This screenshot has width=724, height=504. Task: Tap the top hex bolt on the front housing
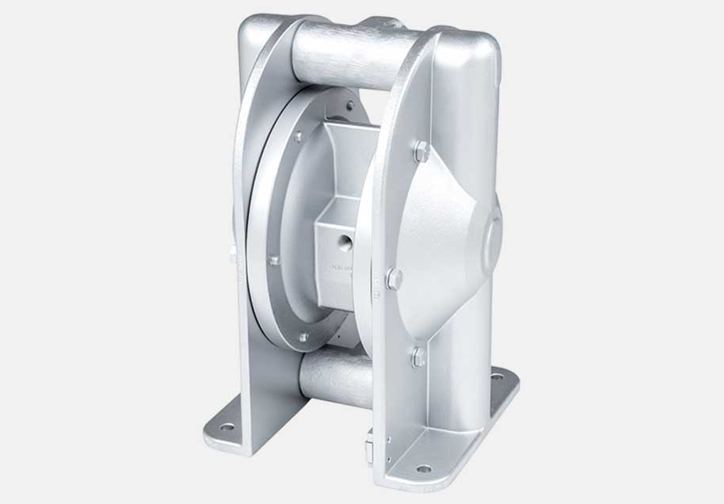pyautogui.click(x=421, y=151)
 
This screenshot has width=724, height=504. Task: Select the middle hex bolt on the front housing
pyautogui.click(x=394, y=278)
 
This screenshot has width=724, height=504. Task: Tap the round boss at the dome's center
pyautogui.click(x=492, y=233)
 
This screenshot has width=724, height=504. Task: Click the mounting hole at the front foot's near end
pyautogui.click(x=424, y=468)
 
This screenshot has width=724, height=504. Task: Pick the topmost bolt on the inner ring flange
pyautogui.click(x=349, y=105)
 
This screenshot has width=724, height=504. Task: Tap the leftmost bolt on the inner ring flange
pyautogui.click(x=273, y=260)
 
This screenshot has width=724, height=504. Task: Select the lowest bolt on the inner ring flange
pyautogui.click(x=303, y=337)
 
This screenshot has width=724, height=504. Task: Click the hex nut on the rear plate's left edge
pyautogui.click(x=234, y=255)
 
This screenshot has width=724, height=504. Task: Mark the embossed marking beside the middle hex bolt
pyautogui.click(x=376, y=282)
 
